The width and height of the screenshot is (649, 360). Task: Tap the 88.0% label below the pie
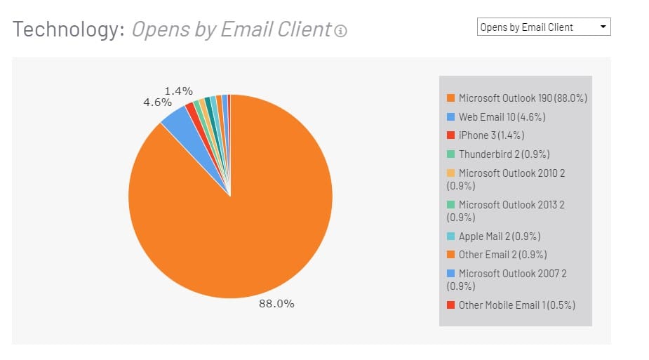pyautogui.click(x=276, y=304)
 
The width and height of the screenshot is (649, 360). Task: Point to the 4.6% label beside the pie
pyautogui.click(x=158, y=102)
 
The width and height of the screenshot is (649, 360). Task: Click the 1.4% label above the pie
pyautogui.click(x=179, y=91)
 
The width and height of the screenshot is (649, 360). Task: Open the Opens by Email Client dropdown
pyautogui.click(x=544, y=27)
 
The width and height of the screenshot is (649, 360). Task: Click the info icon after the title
pyautogui.click(x=341, y=31)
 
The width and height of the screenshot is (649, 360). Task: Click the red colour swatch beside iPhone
pyautogui.click(x=450, y=135)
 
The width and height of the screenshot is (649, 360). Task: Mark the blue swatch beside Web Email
pyautogui.click(x=450, y=117)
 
